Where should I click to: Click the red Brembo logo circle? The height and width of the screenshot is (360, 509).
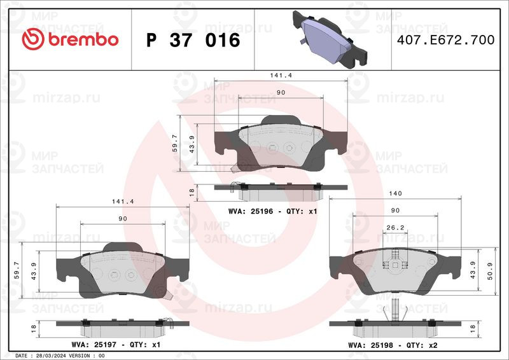pos(33,39)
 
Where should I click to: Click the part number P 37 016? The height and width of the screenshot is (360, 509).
pos(193,40)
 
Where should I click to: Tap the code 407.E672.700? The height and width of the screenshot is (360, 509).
pos(446,40)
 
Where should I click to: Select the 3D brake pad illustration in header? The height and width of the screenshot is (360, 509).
pos(330,39)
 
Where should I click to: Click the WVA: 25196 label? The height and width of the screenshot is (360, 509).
pos(250,211)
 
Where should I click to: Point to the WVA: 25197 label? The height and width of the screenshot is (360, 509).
pos(94,345)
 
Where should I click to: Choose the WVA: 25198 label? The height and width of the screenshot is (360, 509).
pos(370,345)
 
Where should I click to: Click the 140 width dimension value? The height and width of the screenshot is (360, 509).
pos(395,193)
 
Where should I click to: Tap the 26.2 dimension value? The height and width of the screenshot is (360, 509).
pos(395,228)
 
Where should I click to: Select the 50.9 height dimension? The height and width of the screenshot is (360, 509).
pos(490,271)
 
